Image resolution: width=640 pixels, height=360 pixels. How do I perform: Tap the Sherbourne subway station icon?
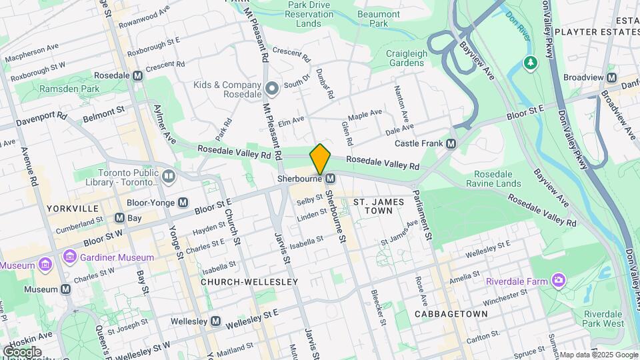(x=330, y=179)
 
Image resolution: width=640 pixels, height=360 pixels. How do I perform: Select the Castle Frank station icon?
(x=451, y=143)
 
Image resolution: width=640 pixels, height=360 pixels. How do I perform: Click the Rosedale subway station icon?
(x=137, y=76)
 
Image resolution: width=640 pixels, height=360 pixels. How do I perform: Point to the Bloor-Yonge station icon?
(x=183, y=202)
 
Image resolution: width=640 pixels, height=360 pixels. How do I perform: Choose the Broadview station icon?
(x=611, y=77)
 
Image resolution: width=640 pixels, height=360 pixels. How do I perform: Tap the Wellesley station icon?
(x=215, y=321)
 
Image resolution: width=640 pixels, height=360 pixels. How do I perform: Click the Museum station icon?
(x=65, y=289)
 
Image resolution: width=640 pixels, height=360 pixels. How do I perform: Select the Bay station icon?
(x=119, y=218)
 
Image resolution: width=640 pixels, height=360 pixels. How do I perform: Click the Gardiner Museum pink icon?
(x=69, y=257)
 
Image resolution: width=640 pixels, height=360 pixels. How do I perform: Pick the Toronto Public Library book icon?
(x=168, y=176)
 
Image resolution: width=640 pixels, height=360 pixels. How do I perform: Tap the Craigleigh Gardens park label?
(x=405, y=58)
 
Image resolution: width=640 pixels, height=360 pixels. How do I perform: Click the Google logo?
(x=21, y=352)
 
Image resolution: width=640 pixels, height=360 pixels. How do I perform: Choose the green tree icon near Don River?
(x=531, y=63)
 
